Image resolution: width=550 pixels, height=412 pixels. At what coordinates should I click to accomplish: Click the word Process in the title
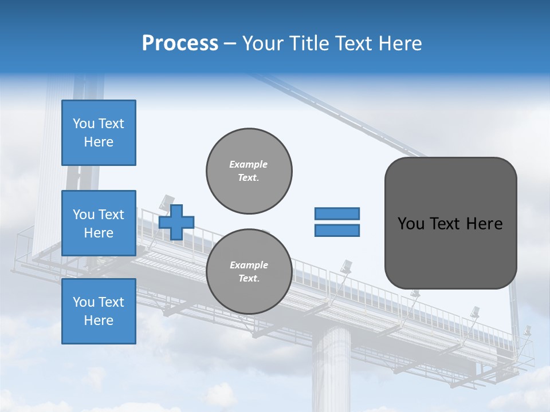tap(180, 43)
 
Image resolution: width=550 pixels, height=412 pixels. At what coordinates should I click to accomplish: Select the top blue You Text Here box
tap(99, 133)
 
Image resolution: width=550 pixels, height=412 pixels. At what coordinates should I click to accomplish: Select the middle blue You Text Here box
tap(99, 223)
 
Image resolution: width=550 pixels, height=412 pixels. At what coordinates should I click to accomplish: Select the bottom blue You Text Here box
tap(99, 311)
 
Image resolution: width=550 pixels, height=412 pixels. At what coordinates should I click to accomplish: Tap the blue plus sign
tap(176, 222)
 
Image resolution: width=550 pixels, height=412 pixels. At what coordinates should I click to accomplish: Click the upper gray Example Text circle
tap(249, 171)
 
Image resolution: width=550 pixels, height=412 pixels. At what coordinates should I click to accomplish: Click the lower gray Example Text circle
tap(249, 272)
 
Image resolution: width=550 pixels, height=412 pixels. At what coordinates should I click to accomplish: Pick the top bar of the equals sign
tap(337, 213)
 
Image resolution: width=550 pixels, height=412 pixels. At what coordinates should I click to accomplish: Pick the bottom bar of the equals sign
tap(337, 230)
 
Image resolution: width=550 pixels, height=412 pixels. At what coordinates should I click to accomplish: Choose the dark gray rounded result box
tap(450, 223)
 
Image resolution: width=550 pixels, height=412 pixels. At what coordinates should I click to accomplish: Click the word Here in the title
tap(399, 43)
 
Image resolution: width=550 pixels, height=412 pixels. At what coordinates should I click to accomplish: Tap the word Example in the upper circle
tap(249, 164)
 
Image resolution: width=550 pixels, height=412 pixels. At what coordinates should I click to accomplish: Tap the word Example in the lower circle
tap(249, 265)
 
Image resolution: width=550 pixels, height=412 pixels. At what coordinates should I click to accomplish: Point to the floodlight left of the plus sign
tap(166, 201)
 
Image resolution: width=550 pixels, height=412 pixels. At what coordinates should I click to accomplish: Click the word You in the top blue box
tap(84, 124)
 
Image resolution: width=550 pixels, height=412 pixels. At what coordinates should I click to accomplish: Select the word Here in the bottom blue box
tap(99, 320)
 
